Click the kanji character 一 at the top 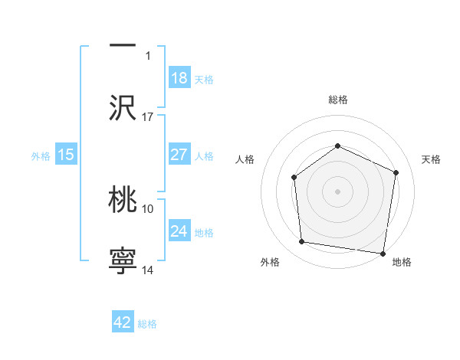[x=123, y=45]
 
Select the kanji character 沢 [x=123, y=106]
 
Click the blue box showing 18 [x=179, y=78]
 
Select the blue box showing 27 [x=179, y=155]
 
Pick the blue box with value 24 [x=179, y=231]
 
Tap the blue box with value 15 [x=66, y=155]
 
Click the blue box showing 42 [x=123, y=322]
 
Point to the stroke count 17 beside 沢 [x=148, y=117]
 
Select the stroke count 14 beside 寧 [x=148, y=270]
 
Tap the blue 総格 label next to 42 [x=147, y=324]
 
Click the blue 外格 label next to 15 [x=41, y=155]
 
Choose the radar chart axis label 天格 [x=431, y=159]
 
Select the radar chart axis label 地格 [x=402, y=263]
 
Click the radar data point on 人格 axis [x=294, y=178]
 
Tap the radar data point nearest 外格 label [x=302, y=242]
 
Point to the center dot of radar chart [x=337, y=191]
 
